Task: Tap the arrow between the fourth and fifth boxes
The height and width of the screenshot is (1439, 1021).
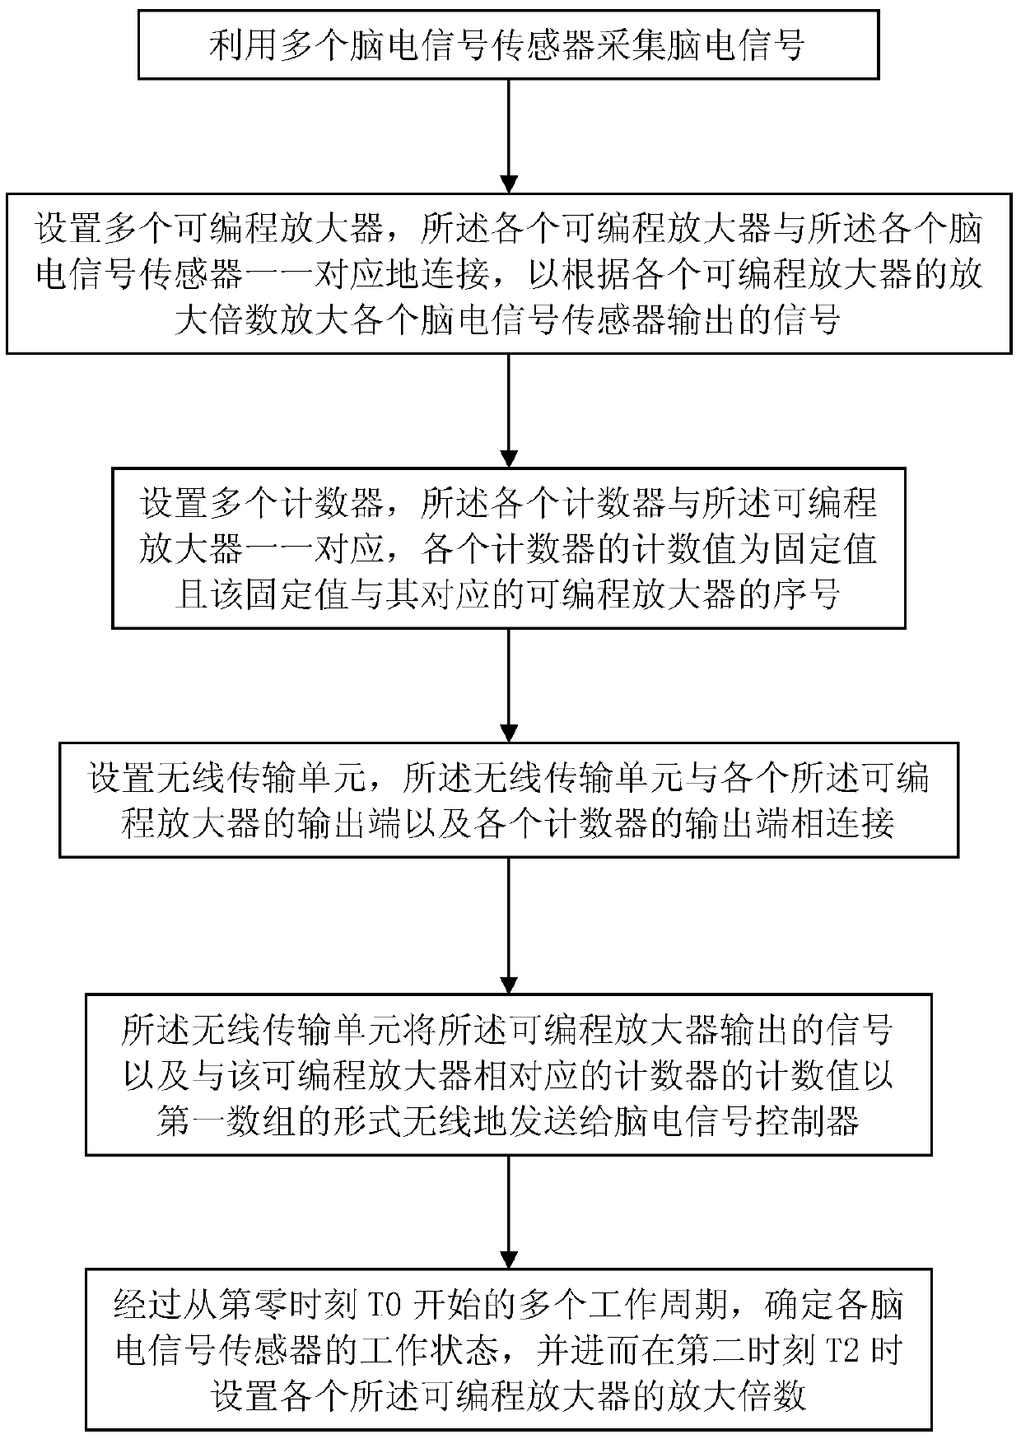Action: coord(510,927)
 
